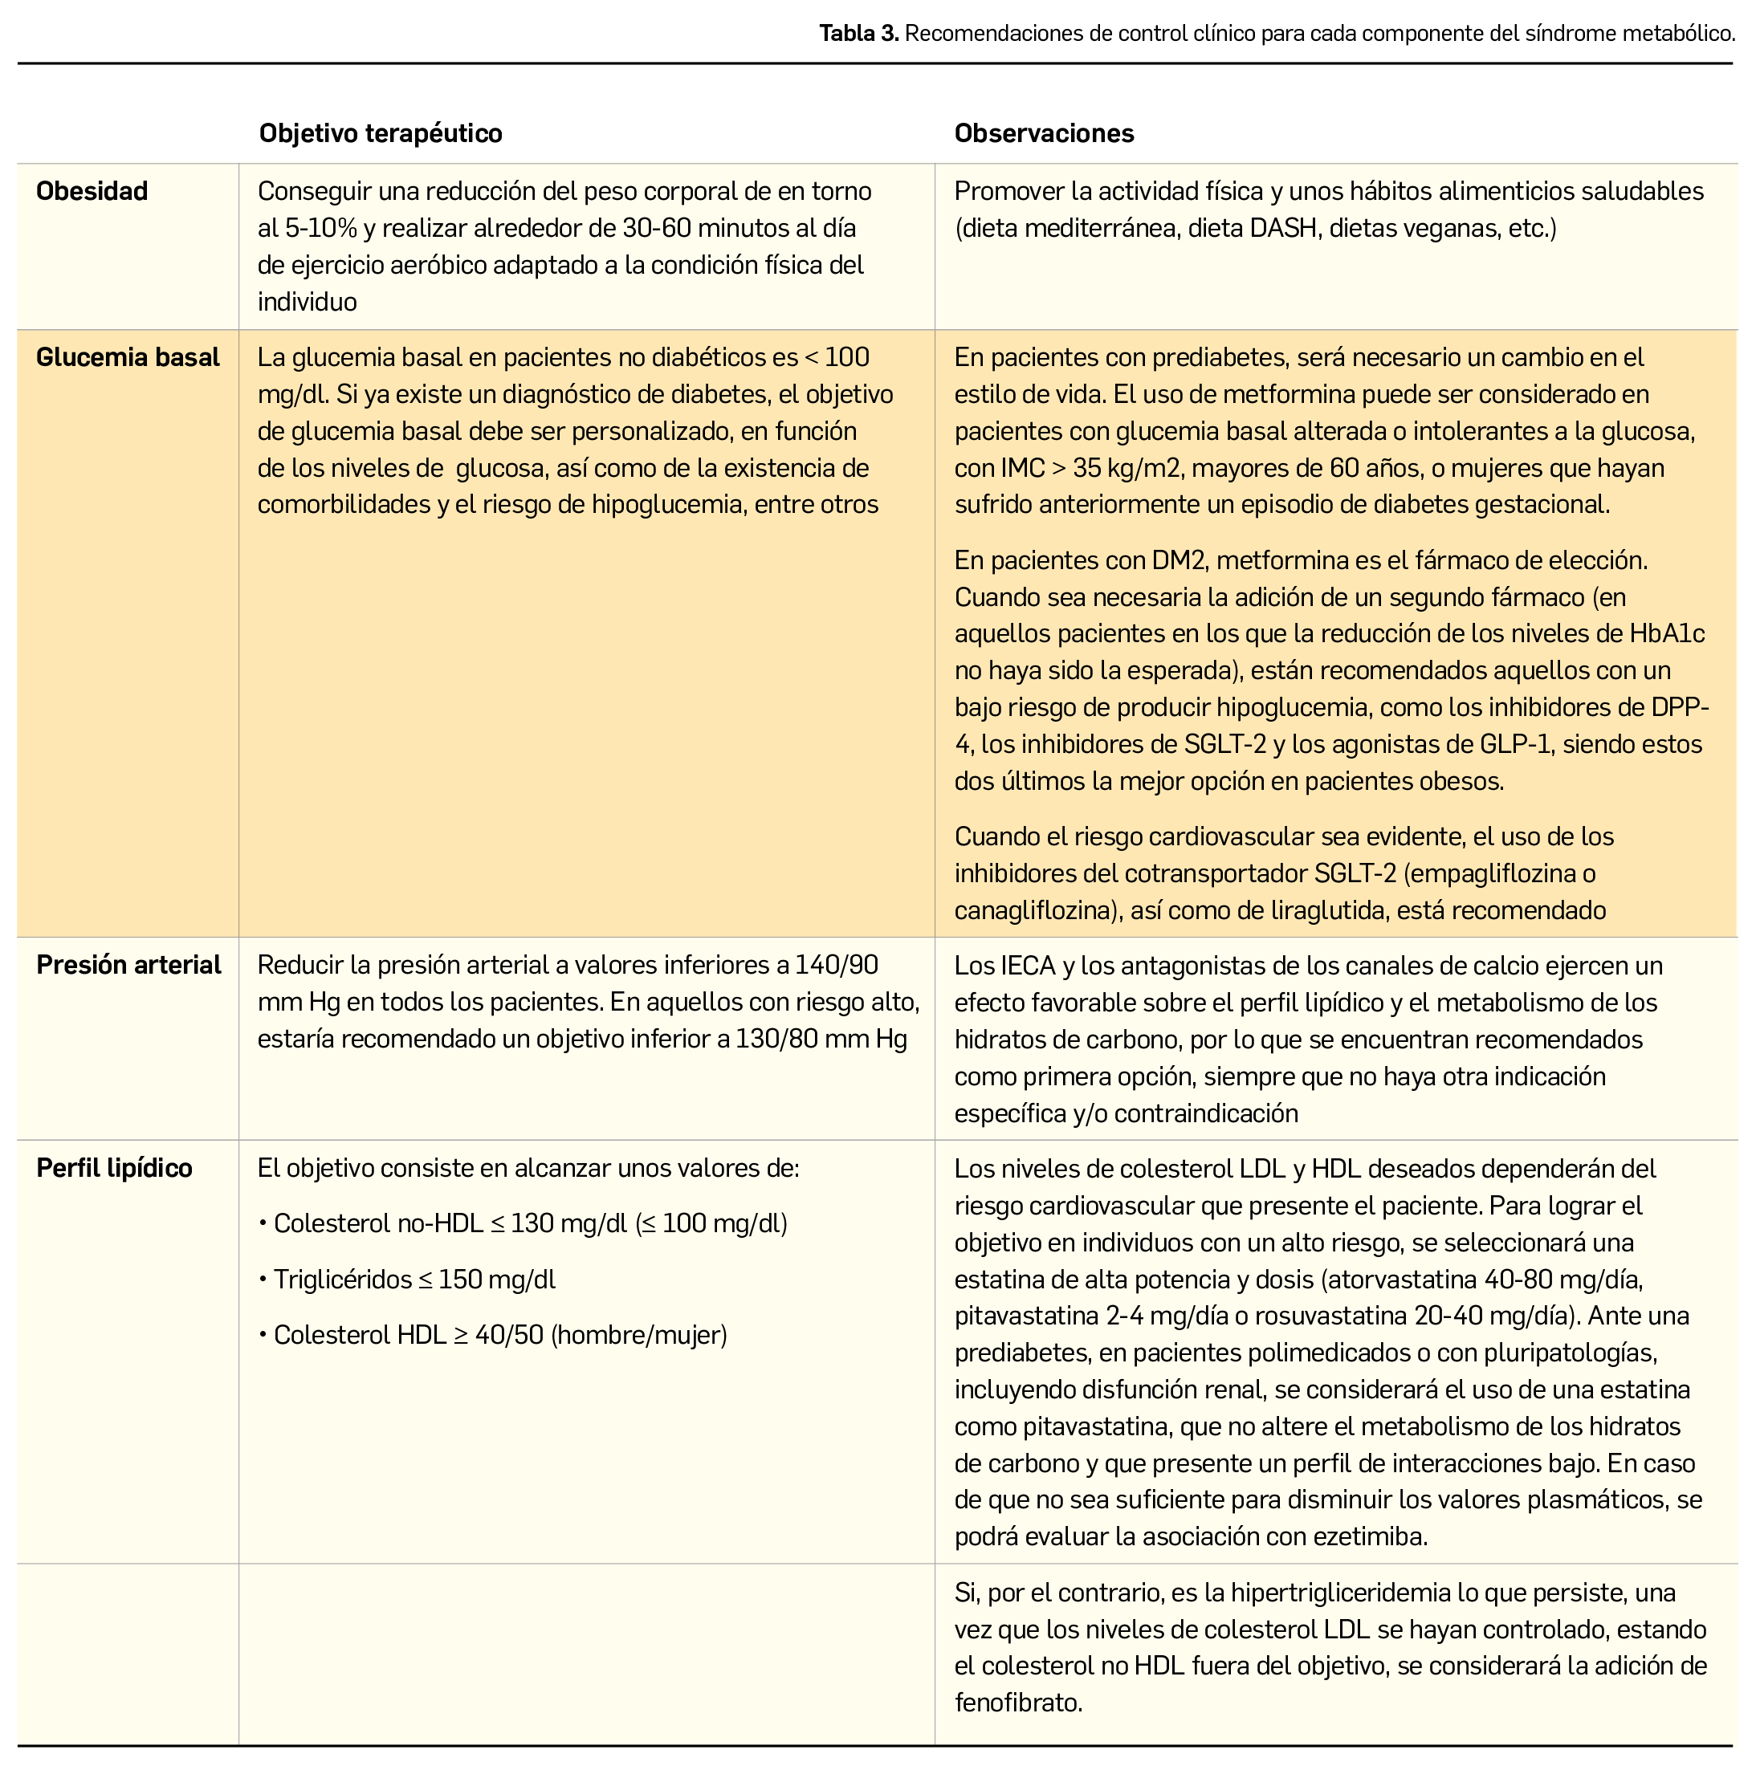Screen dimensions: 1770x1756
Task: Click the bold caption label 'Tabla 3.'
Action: [x=858, y=34]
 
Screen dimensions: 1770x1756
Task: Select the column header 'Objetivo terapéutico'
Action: [x=381, y=134]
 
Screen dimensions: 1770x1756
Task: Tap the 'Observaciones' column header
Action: [x=1044, y=134]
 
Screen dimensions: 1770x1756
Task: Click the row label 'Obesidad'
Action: [x=92, y=192]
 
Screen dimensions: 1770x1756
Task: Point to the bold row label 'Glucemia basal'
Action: [x=128, y=357]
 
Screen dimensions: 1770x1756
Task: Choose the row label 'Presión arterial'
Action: [x=128, y=965]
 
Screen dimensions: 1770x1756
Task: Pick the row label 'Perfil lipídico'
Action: [x=114, y=1168]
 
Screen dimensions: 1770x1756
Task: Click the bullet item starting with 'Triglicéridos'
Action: [x=414, y=1279]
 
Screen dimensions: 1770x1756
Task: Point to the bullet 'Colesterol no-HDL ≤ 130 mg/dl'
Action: [x=523, y=1224]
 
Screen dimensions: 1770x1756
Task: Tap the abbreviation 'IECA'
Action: [x=1029, y=966]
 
